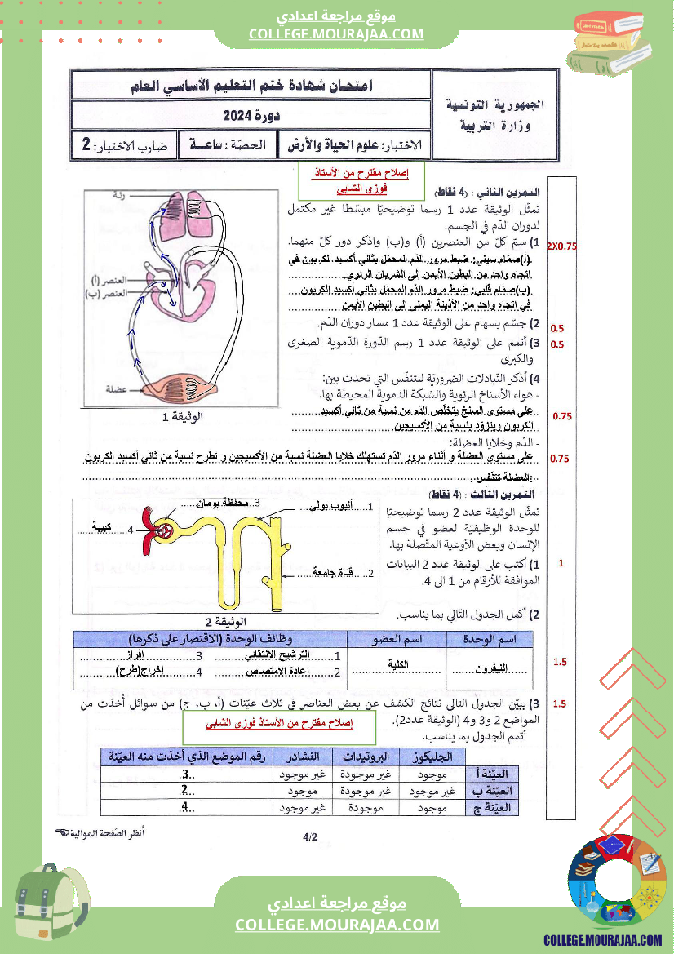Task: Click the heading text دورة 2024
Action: pos(251,116)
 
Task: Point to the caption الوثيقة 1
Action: pos(183,417)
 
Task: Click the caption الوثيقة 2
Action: pos(222,620)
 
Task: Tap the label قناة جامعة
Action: pos(333,573)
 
